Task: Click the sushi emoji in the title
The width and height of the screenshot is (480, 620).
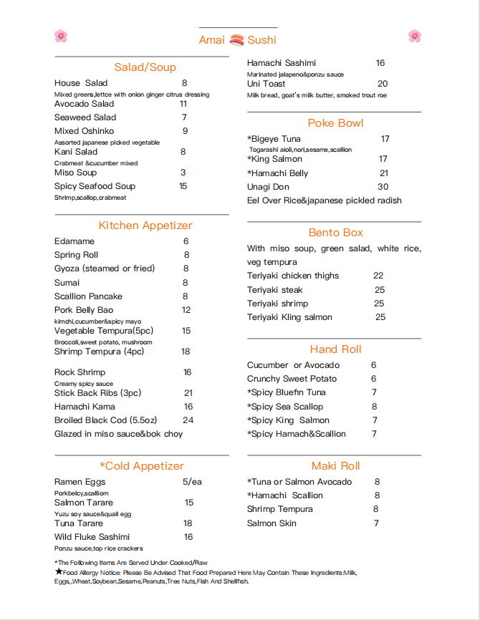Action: [237, 40]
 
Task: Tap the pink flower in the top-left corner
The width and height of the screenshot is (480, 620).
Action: [61, 36]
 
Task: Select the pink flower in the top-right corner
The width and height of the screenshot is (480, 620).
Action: [415, 36]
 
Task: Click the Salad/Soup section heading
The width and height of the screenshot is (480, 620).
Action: [145, 67]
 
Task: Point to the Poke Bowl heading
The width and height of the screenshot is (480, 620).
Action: [336, 123]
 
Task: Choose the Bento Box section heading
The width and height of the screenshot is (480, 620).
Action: [336, 233]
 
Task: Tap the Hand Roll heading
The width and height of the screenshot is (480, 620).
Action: [335, 349]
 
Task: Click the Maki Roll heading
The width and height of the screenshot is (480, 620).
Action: [335, 466]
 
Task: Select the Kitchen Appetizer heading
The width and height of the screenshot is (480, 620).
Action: [145, 226]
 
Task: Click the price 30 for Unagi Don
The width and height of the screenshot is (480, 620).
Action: [383, 187]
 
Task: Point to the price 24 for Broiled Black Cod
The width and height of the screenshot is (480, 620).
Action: [188, 420]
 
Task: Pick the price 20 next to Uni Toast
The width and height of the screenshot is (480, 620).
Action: [383, 84]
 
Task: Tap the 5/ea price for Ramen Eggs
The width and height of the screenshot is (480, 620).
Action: [192, 482]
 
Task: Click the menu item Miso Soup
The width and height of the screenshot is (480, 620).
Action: [75, 173]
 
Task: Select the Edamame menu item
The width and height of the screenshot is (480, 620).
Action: [75, 241]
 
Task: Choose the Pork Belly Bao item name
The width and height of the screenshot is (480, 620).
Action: [83, 310]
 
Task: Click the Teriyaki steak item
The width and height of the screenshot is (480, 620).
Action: [275, 290]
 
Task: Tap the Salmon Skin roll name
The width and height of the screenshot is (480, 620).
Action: [272, 523]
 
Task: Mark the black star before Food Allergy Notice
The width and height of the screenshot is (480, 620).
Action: [59, 571]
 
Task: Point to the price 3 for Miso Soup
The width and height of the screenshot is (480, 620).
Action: [183, 173]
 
